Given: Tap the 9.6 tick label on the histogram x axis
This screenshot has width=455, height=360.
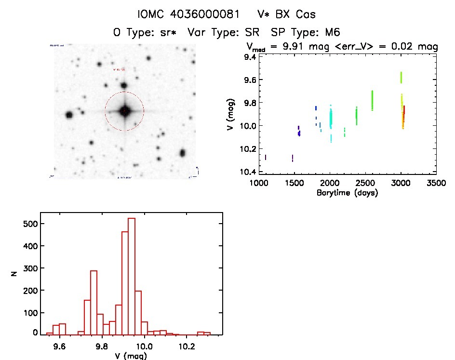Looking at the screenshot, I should coord(60,346).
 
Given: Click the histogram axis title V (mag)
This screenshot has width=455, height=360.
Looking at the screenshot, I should coord(129,356).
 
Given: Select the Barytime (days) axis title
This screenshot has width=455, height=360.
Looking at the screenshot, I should coord(347,193).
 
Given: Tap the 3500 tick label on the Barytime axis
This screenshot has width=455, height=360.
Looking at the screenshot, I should coord(436,184).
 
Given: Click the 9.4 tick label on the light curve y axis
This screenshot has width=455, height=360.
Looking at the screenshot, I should coord(250,57).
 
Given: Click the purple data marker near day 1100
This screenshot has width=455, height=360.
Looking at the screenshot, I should coord(266,158).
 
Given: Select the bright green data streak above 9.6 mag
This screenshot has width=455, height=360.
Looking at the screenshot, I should coord(401,77).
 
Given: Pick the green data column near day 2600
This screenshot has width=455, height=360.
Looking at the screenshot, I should coord(372,100).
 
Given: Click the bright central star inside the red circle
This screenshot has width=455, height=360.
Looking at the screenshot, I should coord(124,111).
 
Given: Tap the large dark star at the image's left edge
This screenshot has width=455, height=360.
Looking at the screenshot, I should coord(69,115).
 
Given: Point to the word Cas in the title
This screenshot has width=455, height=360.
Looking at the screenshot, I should coord(306,14).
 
